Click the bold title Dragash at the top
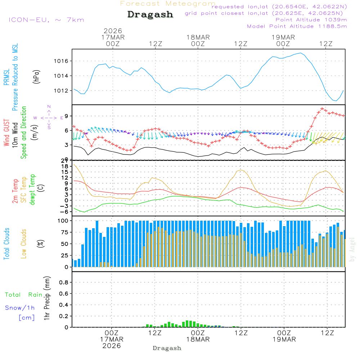150,15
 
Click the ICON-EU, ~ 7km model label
46,20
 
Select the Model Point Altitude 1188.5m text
297,26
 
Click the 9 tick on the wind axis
67,116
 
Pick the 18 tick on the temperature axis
65,166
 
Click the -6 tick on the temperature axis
65,212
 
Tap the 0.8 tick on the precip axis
64,283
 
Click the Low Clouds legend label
24,244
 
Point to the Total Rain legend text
23,295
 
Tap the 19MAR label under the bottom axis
284,339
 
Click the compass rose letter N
49,107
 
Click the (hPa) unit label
36,76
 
